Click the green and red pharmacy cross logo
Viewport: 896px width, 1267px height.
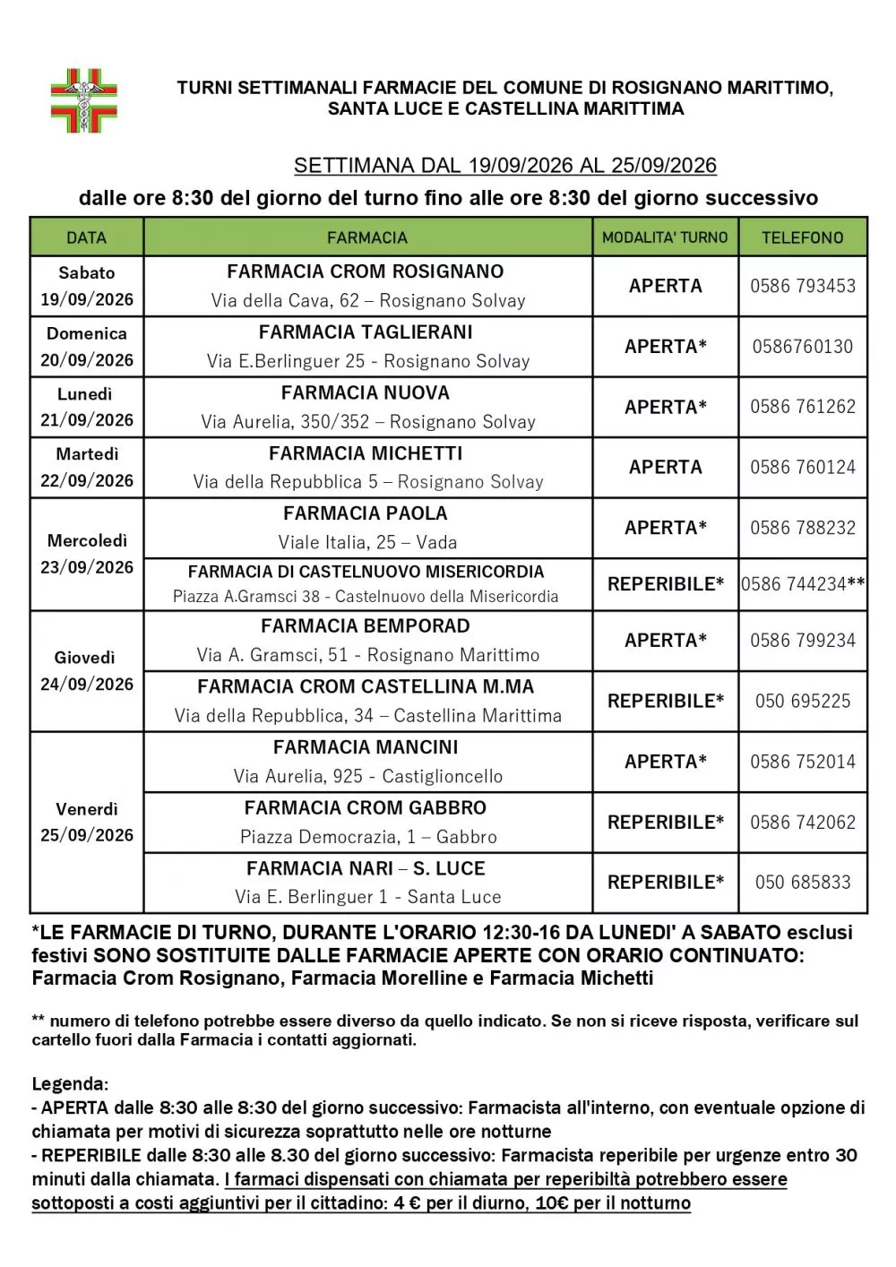tap(83, 100)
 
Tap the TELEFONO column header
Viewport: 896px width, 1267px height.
tap(802, 237)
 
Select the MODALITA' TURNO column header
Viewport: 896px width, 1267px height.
tap(665, 237)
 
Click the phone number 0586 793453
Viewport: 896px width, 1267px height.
tap(803, 286)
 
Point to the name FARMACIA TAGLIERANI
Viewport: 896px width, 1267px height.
tap(366, 332)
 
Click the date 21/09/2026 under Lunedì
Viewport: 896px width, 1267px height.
tap(87, 419)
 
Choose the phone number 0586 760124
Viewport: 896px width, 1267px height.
tap(803, 467)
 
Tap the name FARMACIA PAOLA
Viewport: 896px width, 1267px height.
tap(366, 513)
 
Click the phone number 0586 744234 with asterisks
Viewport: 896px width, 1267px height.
tap(803, 584)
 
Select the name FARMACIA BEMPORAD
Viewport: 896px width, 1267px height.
tap(366, 626)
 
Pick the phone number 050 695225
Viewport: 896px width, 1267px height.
tap(803, 702)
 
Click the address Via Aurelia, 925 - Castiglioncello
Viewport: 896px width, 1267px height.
tap(368, 776)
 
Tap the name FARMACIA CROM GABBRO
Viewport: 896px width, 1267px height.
tap(366, 808)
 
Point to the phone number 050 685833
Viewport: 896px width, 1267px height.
tap(803, 883)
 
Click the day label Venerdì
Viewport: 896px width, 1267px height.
tap(87, 809)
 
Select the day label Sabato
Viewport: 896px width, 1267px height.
tap(87, 273)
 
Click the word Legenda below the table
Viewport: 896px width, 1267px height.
tap(70, 1084)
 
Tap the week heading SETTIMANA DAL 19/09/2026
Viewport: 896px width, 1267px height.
tap(505, 166)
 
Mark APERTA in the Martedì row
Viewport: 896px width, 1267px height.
tap(665, 467)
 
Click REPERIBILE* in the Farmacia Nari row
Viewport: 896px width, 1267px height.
tap(665, 883)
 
